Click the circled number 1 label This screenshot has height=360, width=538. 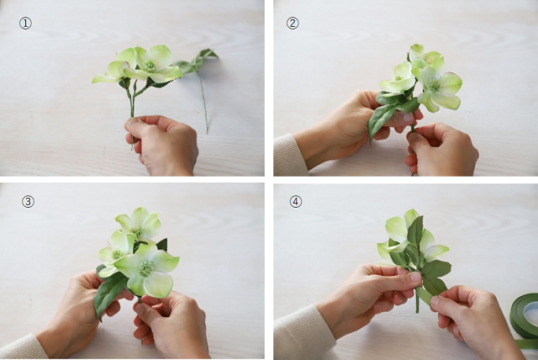pyautogui.click(x=25, y=24)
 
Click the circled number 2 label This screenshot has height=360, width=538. pyautogui.click(x=293, y=24)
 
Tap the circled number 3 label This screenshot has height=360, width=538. pyautogui.click(x=28, y=202)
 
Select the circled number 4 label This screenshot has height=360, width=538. pyautogui.click(x=296, y=202)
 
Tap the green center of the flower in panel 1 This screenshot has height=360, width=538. pyautogui.click(x=150, y=66)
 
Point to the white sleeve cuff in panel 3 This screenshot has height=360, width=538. pyautogui.click(x=21, y=347)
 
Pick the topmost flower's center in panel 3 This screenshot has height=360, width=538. pyautogui.click(x=138, y=230)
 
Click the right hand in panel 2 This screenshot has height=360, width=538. pyautogui.click(x=443, y=149)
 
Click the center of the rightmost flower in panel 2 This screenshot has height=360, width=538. pyautogui.click(x=436, y=86)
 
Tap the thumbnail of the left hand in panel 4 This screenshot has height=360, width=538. pyautogui.click(x=414, y=277)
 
